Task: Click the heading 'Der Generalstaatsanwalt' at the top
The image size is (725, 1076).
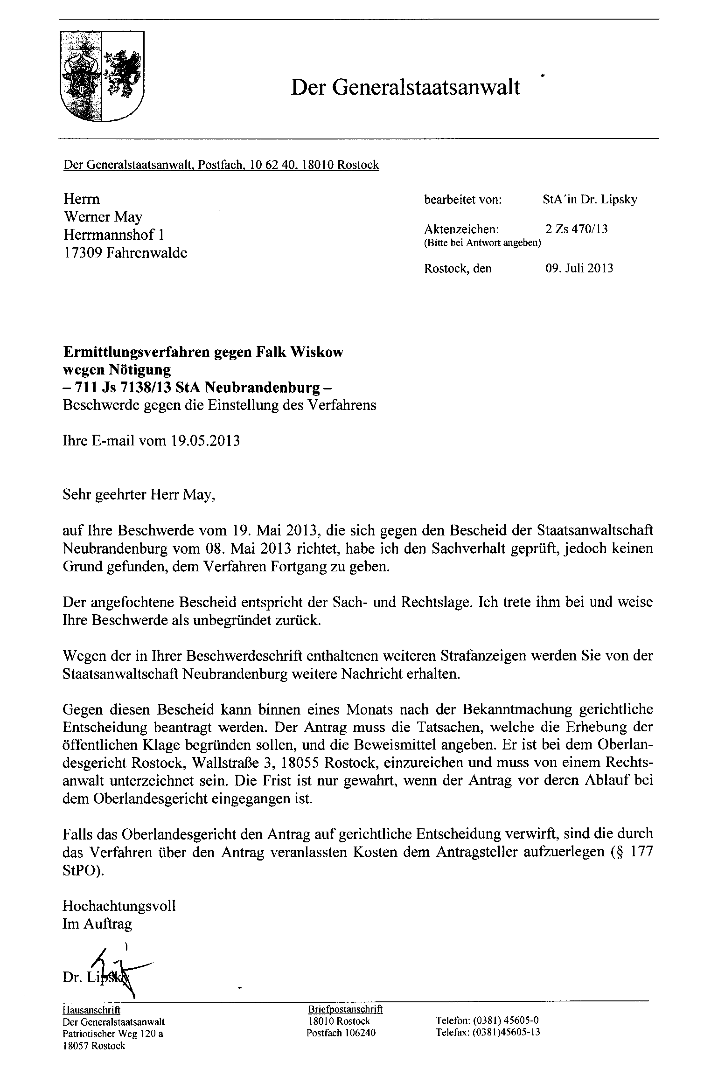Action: coord(405,87)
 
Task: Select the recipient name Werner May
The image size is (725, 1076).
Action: coord(103,217)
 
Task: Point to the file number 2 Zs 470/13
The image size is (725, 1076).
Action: coord(576,229)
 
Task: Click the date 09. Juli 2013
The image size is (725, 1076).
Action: coord(579,269)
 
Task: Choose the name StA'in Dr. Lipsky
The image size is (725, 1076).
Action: coord(590,200)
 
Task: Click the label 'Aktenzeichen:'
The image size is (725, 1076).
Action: coord(461,229)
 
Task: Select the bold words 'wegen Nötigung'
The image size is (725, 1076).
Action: coord(117,369)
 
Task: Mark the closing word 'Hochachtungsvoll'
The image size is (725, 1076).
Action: coord(119,906)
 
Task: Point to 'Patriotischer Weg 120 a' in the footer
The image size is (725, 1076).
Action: coord(113,1034)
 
